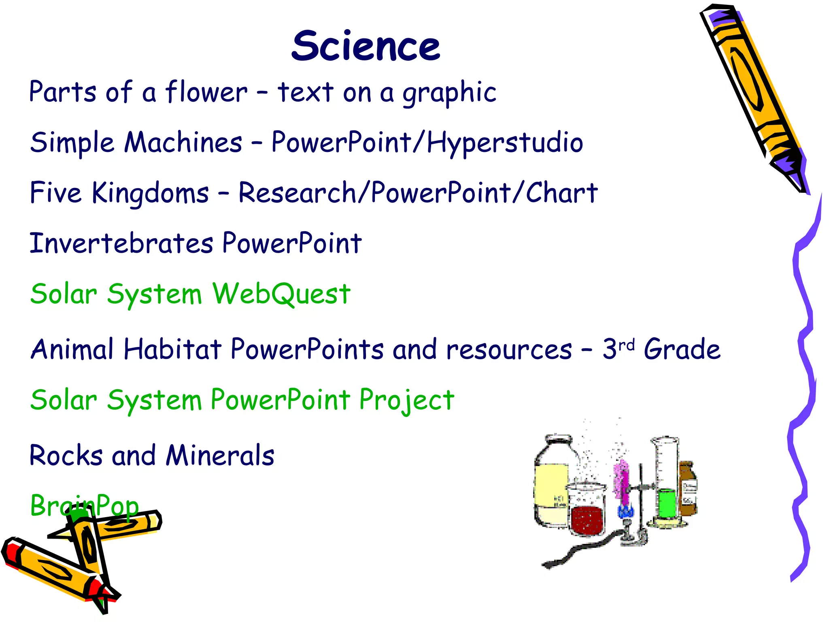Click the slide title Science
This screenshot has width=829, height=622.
pyautogui.click(x=366, y=47)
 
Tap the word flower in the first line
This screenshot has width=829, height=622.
pyautogui.click(x=206, y=92)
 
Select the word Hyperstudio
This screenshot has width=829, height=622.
pyautogui.click(x=505, y=143)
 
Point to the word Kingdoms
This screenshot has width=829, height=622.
pyautogui.click(x=150, y=193)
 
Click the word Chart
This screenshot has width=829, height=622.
pyautogui.click(x=561, y=192)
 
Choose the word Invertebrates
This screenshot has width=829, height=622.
pyautogui.click(x=121, y=243)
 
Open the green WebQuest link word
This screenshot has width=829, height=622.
pyautogui.click(x=281, y=294)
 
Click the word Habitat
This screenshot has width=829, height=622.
pyautogui.click(x=172, y=349)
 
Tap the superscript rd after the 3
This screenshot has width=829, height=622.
pyautogui.click(x=627, y=345)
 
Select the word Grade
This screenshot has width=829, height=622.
pyautogui.click(x=682, y=349)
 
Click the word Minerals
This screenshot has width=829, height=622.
pyautogui.click(x=220, y=455)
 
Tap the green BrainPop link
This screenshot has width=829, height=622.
pyautogui.click(x=84, y=506)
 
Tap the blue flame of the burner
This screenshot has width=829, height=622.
pyautogui.click(x=625, y=511)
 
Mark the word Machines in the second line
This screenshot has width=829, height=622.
pyautogui.click(x=183, y=143)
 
